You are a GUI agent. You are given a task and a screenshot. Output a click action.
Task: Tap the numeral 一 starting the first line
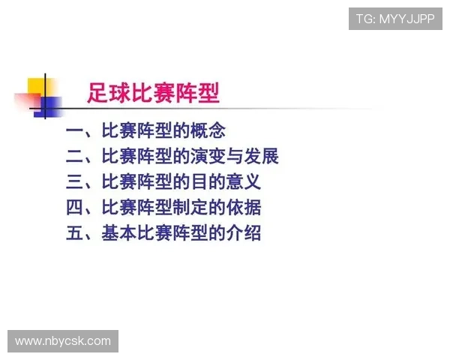click(75, 131)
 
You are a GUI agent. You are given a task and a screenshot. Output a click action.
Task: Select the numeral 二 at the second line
click(75, 157)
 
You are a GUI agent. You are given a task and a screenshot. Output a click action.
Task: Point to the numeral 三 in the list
click(75, 182)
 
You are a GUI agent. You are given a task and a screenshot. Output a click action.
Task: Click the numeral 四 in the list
click(75, 208)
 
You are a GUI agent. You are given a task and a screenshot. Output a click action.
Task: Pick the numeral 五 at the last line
click(75, 233)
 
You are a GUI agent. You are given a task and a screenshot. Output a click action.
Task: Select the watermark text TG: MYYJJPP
click(395, 19)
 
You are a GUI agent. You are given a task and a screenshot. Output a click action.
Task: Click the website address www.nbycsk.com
click(63, 341)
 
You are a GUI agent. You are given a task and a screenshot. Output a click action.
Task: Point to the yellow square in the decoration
click(37, 87)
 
